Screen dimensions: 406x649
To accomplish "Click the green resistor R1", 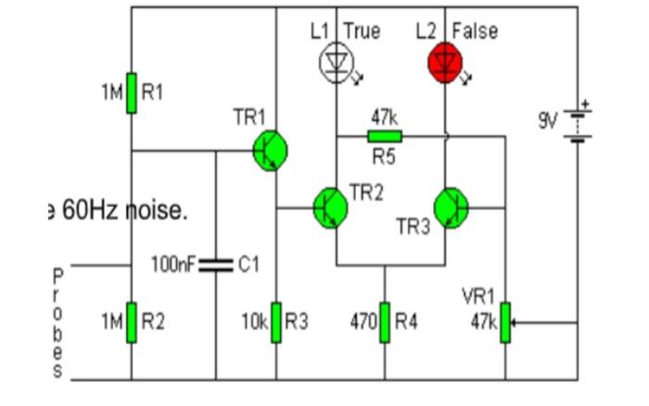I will click(132, 92).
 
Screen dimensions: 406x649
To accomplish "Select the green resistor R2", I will click(132, 322).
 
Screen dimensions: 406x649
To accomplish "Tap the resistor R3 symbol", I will click(276, 322).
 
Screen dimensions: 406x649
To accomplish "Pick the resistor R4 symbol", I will click(385, 322).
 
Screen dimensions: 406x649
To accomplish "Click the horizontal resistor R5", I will click(385, 135).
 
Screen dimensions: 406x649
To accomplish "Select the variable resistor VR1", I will click(505, 322).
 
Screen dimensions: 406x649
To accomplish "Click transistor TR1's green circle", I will click(270, 151).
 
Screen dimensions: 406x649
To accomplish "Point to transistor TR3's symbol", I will click(452, 207).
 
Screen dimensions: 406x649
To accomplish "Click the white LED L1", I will click(335, 61).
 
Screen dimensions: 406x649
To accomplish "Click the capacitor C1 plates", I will click(217, 265).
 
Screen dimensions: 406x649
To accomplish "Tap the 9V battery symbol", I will click(578, 121).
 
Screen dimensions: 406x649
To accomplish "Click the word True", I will click(362, 31).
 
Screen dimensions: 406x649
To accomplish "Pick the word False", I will click(475, 31).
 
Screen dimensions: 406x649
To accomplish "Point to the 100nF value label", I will click(173, 265).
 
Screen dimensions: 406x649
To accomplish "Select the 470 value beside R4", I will click(363, 322).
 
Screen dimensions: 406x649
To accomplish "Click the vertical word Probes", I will click(57, 324).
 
